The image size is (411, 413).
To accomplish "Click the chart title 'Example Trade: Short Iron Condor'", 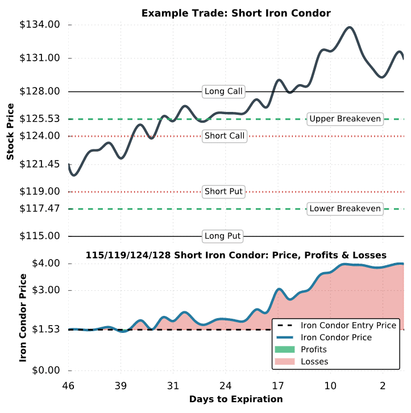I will point(236,12).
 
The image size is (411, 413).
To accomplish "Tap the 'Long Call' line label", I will point(223,91).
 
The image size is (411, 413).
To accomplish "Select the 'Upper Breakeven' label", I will point(345,119).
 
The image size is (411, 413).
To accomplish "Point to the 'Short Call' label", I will point(225,136).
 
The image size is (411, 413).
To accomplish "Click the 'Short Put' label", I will point(223,191).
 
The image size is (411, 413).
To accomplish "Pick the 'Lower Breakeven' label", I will point(345,208).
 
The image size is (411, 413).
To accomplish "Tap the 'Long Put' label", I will point(223,236).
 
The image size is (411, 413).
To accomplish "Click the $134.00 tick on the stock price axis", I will point(40,25).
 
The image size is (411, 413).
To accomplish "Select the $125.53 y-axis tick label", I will point(40,119).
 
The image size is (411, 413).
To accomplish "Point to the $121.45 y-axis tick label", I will point(40,164).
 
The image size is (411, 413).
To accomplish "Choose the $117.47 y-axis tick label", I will point(40,209).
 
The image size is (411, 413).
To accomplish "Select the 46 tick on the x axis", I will point(69,386).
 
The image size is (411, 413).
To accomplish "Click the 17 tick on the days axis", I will point(278,386).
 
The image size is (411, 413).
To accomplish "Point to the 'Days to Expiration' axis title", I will point(236,399).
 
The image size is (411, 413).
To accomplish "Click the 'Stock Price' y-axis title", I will point(10,131).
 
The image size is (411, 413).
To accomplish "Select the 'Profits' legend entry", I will point(314,349).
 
